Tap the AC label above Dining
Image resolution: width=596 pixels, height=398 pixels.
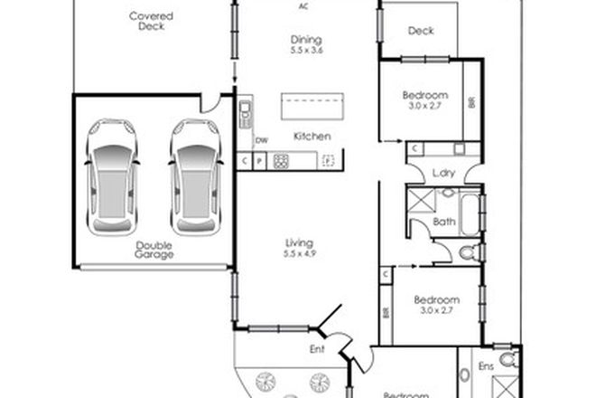click(x=304, y=5)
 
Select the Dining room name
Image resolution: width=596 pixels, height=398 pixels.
click(x=306, y=40)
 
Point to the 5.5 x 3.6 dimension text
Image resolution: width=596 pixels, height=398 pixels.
click(x=306, y=51)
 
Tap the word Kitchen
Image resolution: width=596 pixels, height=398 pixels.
click(x=312, y=137)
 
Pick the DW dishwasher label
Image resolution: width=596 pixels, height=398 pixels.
click(x=262, y=140)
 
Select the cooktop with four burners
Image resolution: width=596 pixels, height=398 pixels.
click(x=281, y=162)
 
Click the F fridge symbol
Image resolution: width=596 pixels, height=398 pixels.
click(x=328, y=162)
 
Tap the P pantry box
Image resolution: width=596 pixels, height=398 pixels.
click(x=258, y=162)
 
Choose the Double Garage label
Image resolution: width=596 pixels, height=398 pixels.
click(x=155, y=250)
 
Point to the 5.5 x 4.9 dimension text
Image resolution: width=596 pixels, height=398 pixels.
click(x=299, y=254)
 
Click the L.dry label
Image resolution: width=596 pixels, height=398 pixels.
click(x=442, y=172)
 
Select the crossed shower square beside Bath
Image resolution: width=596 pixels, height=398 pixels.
click(x=420, y=201)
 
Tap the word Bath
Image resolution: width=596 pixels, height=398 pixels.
click(x=443, y=222)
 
